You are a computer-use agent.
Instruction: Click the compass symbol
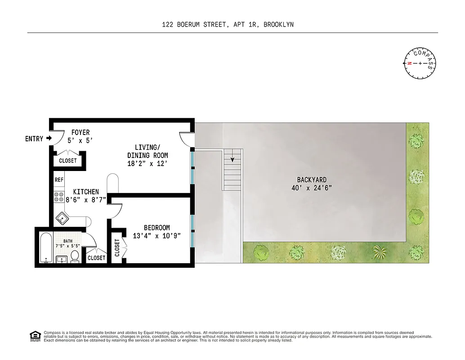[x=420, y=63]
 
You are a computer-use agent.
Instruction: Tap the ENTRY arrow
[x=49, y=138]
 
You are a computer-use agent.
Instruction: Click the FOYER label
[x=80, y=133]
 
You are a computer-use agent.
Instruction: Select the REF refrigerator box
[x=59, y=180]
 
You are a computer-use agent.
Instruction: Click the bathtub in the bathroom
[x=45, y=247]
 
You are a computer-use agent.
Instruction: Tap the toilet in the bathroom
[x=75, y=256]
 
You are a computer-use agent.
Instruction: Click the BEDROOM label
[x=156, y=228]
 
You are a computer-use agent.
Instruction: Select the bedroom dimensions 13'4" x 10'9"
[x=156, y=235]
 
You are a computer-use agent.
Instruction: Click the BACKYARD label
[x=312, y=180]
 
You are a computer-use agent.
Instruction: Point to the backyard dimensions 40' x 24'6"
[x=312, y=188]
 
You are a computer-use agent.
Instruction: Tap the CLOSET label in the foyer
[x=68, y=161]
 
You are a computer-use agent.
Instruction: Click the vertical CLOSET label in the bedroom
[x=117, y=248]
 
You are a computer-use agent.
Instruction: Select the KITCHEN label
[x=86, y=192]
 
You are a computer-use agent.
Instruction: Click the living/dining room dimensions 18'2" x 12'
[x=148, y=163]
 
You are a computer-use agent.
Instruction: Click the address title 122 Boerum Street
[x=228, y=25]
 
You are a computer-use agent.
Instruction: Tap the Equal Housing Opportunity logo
[x=35, y=336]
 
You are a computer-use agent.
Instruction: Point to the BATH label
[x=67, y=241]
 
